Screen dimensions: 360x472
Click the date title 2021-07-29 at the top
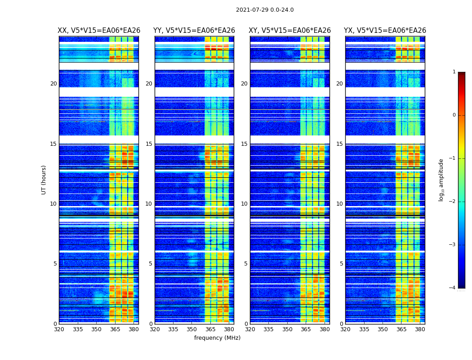coord(265,10)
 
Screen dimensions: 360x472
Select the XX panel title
coord(99,31)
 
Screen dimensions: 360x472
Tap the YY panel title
coord(194,31)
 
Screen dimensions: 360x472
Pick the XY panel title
coord(290,31)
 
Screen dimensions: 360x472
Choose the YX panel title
coord(385,31)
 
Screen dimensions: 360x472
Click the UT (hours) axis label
coord(44,180)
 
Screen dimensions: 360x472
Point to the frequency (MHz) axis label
coord(217,338)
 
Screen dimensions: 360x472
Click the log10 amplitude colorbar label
coord(441,180)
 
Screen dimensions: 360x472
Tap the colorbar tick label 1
coord(454,72)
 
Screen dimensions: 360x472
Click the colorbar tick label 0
coord(454,115)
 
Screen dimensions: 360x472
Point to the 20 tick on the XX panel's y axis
coord(53,84)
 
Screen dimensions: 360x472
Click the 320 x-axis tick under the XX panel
coord(59,329)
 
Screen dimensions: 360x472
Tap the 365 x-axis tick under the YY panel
coord(210,329)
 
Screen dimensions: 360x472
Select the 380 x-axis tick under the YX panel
coord(420,329)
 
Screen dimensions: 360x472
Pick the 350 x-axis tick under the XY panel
coord(287,329)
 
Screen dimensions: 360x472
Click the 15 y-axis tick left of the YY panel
coord(149,144)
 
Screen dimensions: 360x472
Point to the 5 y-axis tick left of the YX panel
coord(342,264)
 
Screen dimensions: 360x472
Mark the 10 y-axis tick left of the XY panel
coord(244,204)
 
